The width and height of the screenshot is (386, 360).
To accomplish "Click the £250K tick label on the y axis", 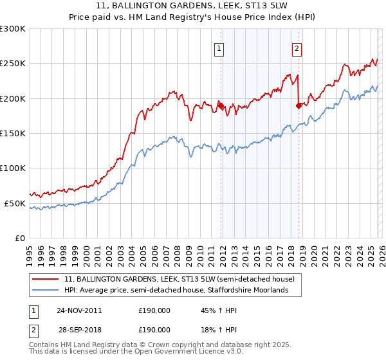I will (x=13, y=64).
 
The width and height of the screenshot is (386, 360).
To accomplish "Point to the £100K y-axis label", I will (x=13, y=168).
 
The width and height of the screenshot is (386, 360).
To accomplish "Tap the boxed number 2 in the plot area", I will (x=297, y=48).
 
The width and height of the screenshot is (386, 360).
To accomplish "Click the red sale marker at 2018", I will (x=299, y=105).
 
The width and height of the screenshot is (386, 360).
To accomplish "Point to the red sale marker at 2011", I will (x=221, y=105).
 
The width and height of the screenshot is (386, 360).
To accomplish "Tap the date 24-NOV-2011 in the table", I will (x=79, y=310).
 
